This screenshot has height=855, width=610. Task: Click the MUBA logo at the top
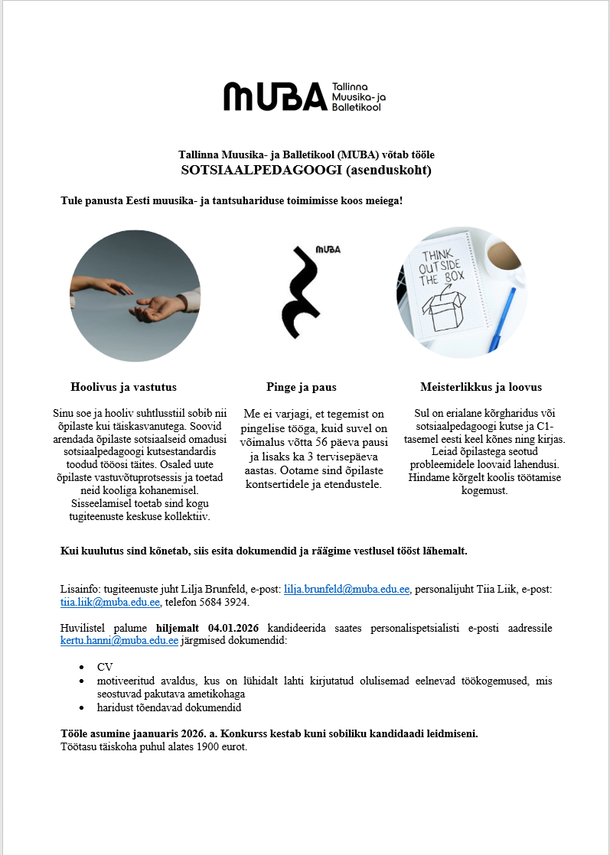305,96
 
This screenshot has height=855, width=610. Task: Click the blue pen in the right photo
501,320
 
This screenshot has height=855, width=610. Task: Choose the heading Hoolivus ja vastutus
123,387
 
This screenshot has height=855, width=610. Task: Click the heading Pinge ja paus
302,387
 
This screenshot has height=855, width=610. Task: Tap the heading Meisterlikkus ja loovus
481,387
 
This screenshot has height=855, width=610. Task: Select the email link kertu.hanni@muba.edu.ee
119,641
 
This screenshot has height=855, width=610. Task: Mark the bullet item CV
105,667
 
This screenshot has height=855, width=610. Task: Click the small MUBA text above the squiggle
328,250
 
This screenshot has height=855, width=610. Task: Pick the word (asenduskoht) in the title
390,170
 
